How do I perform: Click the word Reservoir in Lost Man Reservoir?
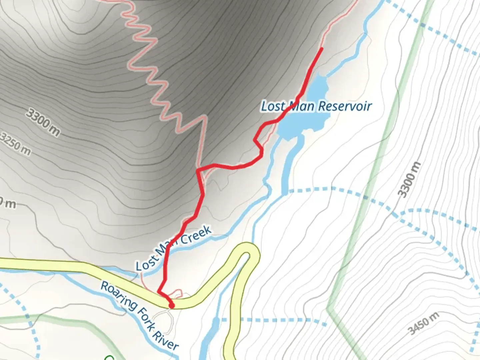tap(345, 106)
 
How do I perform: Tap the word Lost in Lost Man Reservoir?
tap(273, 106)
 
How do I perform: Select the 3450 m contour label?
tap(424, 323)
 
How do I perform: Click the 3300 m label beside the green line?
tap(409, 180)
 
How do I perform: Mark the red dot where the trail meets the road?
tap(172, 305)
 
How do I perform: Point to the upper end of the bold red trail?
tap(322, 49)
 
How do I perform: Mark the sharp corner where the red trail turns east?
tap(198, 170)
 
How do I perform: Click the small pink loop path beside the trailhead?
tap(177, 293)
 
